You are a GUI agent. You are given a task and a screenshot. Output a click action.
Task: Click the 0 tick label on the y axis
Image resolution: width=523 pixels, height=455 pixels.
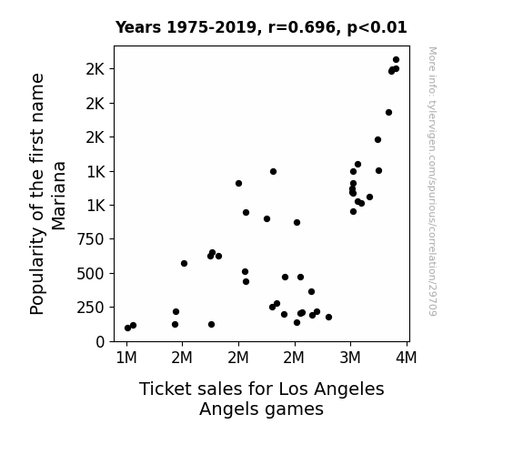point(100,342)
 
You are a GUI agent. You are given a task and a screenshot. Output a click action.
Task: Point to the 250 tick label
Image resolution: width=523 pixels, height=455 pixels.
point(91,308)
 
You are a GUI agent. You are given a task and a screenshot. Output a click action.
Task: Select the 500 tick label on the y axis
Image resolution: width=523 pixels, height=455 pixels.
point(91,274)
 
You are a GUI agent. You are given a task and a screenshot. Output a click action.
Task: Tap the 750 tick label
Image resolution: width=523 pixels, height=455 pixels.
point(91,239)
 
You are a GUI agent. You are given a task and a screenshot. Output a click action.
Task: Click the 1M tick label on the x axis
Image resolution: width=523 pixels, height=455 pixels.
point(126,358)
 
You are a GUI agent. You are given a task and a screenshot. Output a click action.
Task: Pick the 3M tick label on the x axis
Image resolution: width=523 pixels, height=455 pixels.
point(350,358)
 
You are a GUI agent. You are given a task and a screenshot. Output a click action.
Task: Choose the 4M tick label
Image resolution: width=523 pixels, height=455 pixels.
point(407,358)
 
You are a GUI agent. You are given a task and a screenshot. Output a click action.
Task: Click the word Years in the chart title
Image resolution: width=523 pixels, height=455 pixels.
point(138,27)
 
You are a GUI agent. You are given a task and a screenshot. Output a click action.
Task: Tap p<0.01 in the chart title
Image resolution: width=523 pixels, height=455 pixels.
point(377,28)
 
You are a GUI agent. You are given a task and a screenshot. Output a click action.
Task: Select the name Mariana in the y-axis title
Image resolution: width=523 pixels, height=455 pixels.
point(59,196)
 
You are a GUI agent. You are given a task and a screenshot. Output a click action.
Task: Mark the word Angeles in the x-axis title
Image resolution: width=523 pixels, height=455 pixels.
point(349,389)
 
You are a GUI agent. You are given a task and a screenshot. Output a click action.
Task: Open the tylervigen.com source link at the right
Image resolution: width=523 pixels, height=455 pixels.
point(432,181)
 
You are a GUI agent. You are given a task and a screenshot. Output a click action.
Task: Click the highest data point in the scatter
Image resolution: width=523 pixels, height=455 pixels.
point(396,60)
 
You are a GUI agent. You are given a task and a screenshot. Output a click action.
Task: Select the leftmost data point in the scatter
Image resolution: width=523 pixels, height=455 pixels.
point(127,329)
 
